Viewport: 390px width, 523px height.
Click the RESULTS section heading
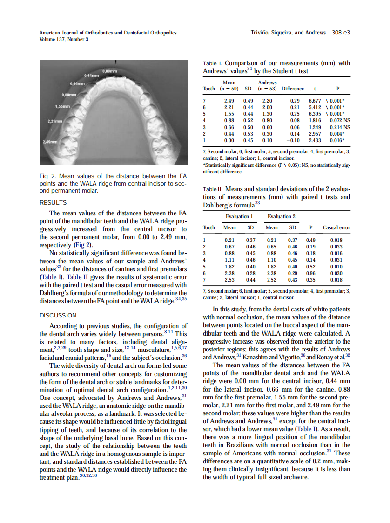(x=53, y=203)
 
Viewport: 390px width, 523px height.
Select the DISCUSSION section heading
(x=58, y=315)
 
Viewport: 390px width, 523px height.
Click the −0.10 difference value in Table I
(x=292, y=140)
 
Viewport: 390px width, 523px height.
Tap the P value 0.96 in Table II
(x=310, y=273)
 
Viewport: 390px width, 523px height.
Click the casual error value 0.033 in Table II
(x=336, y=247)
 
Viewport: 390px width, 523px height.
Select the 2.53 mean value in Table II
(x=229, y=280)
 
